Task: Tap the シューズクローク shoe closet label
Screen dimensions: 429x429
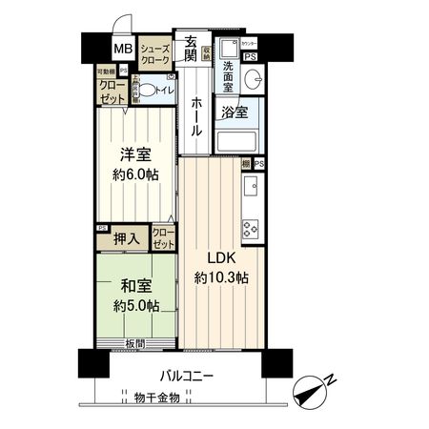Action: coord(155,54)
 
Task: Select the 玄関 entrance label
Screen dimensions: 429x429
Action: coord(192,49)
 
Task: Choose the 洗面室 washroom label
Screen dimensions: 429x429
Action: coord(229,75)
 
